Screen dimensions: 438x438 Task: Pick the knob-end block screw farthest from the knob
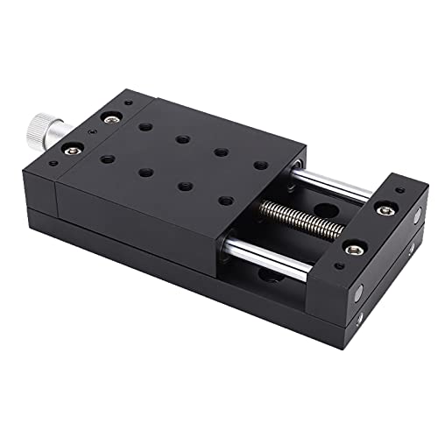click(112, 116)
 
